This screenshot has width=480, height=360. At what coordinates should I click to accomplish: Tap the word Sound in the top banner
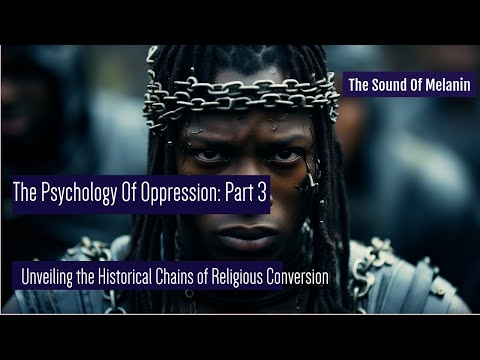(x=385, y=86)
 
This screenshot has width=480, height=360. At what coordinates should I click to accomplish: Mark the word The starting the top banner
(x=357, y=86)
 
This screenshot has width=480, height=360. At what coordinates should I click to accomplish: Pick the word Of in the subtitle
(x=234, y=275)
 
